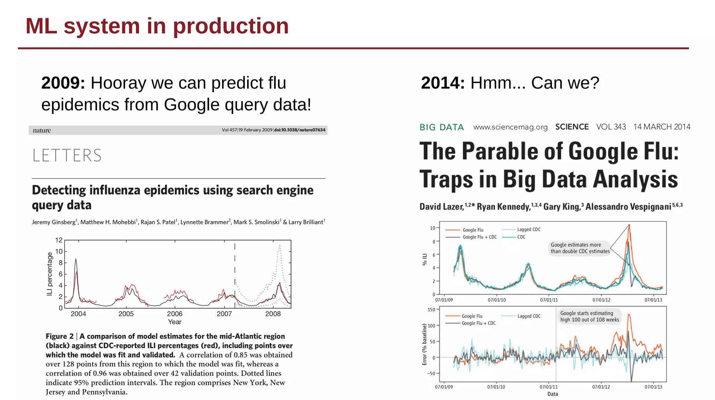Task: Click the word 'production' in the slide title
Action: pyautogui.click(x=231, y=27)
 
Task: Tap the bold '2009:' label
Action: pyautogui.click(x=63, y=83)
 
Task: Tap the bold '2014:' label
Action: pyautogui.click(x=443, y=83)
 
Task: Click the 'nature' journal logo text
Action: pyautogui.click(x=42, y=130)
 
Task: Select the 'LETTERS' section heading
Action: pyautogui.click(x=67, y=155)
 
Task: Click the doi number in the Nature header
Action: pyautogui.click(x=300, y=130)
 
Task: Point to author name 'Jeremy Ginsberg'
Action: pyautogui.click(x=54, y=222)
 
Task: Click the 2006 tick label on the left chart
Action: pyautogui.click(x=175, y=314)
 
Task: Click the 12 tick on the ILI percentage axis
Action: pyautogui.click(x=59, y=240)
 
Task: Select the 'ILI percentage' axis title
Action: pyautogui.click(x=50, y=274)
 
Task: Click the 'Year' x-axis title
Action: pyautogui.click(x=175, y=322)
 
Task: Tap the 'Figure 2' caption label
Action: pyautogui.click(x=59, y=336)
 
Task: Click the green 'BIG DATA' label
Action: pyautogui.click(x=441, y=127)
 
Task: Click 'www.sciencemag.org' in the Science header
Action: pyautogui.click(x=510, y=127)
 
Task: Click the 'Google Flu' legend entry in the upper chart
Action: pyautogui.click(x=473, y=230)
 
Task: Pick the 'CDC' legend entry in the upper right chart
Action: pyautogui.click(x=521, y=237)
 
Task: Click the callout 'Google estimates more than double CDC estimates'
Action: pyautogui.click(x=580, y=248)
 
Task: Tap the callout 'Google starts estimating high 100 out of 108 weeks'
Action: pyautogui.click(x=589, y=317)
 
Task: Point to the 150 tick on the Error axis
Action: pyautogui.click(x=431, y=310)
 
